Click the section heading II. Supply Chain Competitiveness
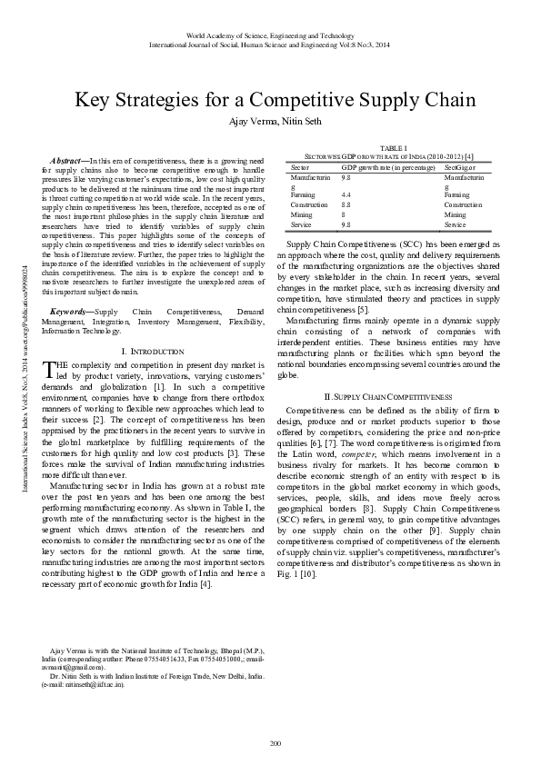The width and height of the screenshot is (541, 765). [x=388, y=397]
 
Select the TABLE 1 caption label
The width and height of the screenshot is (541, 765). [x=393, y=147]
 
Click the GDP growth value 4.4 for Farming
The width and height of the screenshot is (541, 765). [x=346, y=194]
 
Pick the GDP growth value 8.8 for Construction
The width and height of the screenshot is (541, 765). [x=346, y=204]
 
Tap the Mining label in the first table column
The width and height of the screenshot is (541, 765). [x=302, y=214]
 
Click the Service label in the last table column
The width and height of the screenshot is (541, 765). [x=456, y=224]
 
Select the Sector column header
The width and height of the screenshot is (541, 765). [x=299, y=167]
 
